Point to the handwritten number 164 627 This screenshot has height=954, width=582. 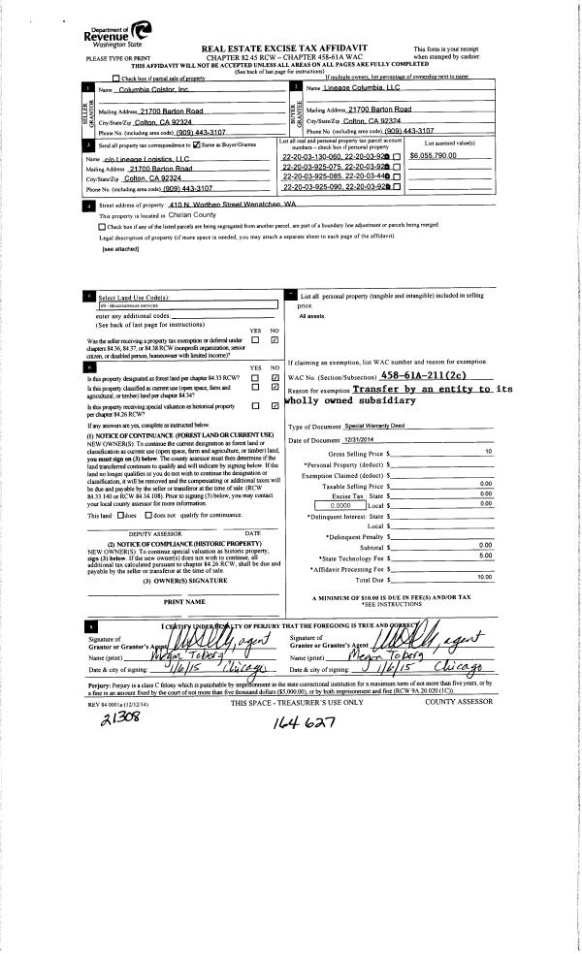coord(296,721)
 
